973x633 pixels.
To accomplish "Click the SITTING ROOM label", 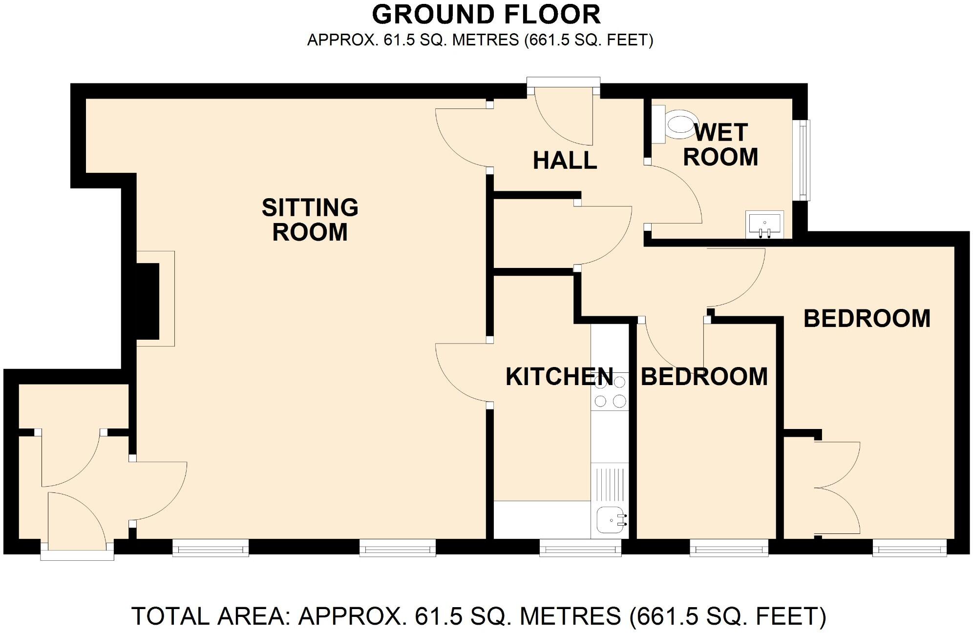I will point(310,220).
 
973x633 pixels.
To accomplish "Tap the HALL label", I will point(565,161).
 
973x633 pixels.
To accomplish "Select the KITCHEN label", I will point(559,377).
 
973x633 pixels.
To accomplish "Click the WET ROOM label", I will point(720,145).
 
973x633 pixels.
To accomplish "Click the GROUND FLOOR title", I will point(486,15).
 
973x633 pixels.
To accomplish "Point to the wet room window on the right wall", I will point(804,160).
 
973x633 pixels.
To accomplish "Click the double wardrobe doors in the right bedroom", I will point(838,487).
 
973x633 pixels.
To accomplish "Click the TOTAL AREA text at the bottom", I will point(479,616).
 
